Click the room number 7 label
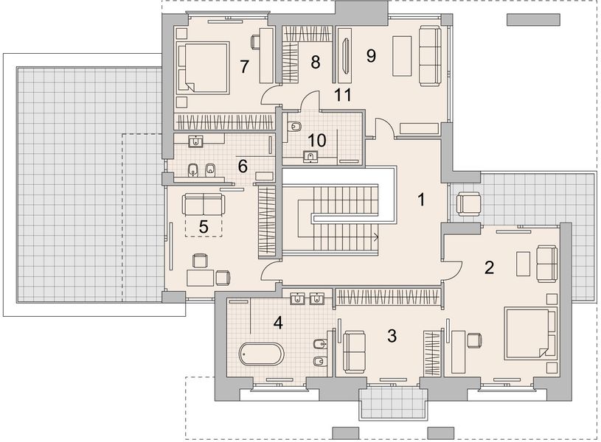pos(244,66)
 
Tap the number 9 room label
pos(371,56)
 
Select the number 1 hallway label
pos(421,200)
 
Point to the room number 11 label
pos(343,95)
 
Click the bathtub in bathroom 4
pos(262,354)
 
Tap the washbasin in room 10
pos(310,156)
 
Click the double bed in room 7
pos(202,69)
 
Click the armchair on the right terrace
pos(468,204)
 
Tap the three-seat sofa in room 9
pos(430,56)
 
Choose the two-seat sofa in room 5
pos(203,204)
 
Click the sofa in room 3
pos(355,352)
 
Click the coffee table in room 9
pos(402,56)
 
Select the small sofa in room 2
pos(547,264)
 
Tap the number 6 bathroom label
pos(243,166)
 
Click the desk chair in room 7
pos(256,42)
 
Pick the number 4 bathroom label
pos(278,323)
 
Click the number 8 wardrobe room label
pos(315,62)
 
